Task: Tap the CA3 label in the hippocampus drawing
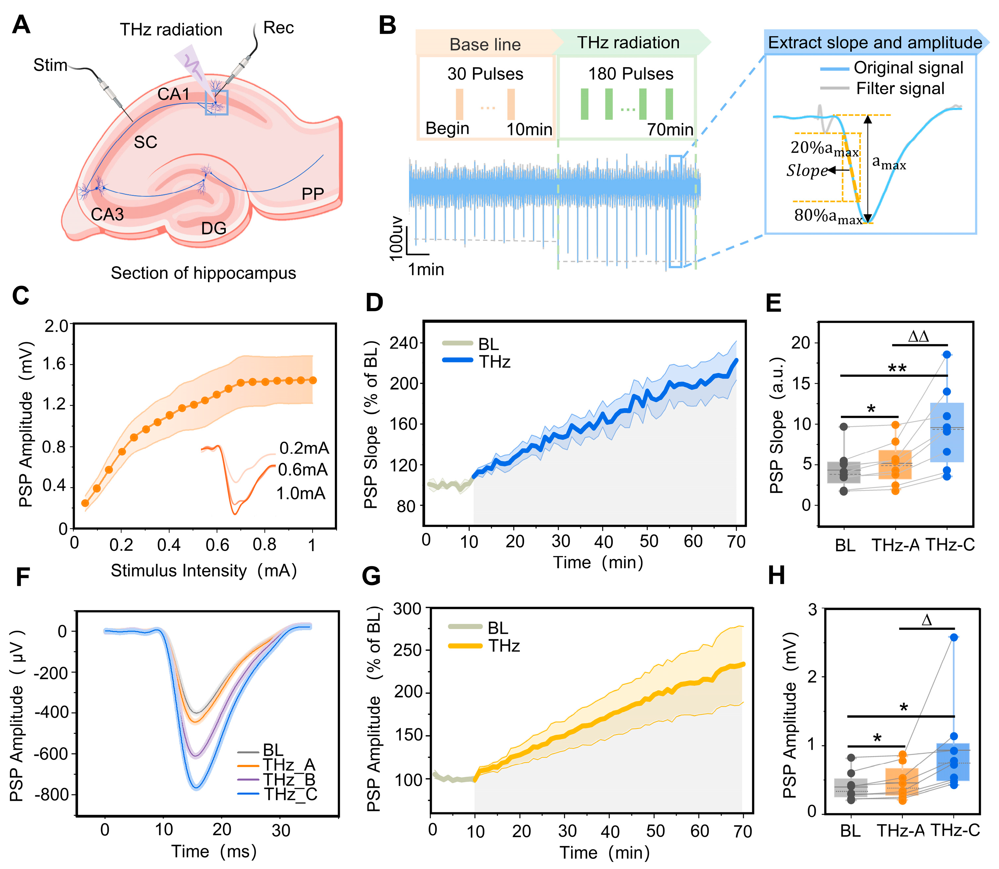(107, 214)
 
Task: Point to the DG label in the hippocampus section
(214, 228)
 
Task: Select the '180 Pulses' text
(631, 74)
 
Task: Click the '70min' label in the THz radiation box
(670, 130)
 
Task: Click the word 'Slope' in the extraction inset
(807, 170)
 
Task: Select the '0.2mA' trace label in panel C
(304, 448)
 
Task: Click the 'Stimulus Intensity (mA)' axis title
(204, 570)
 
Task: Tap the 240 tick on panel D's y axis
(404, 343)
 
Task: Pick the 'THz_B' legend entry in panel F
(289, 779)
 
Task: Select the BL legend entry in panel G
(498, 628)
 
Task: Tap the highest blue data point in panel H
(954, 637)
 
